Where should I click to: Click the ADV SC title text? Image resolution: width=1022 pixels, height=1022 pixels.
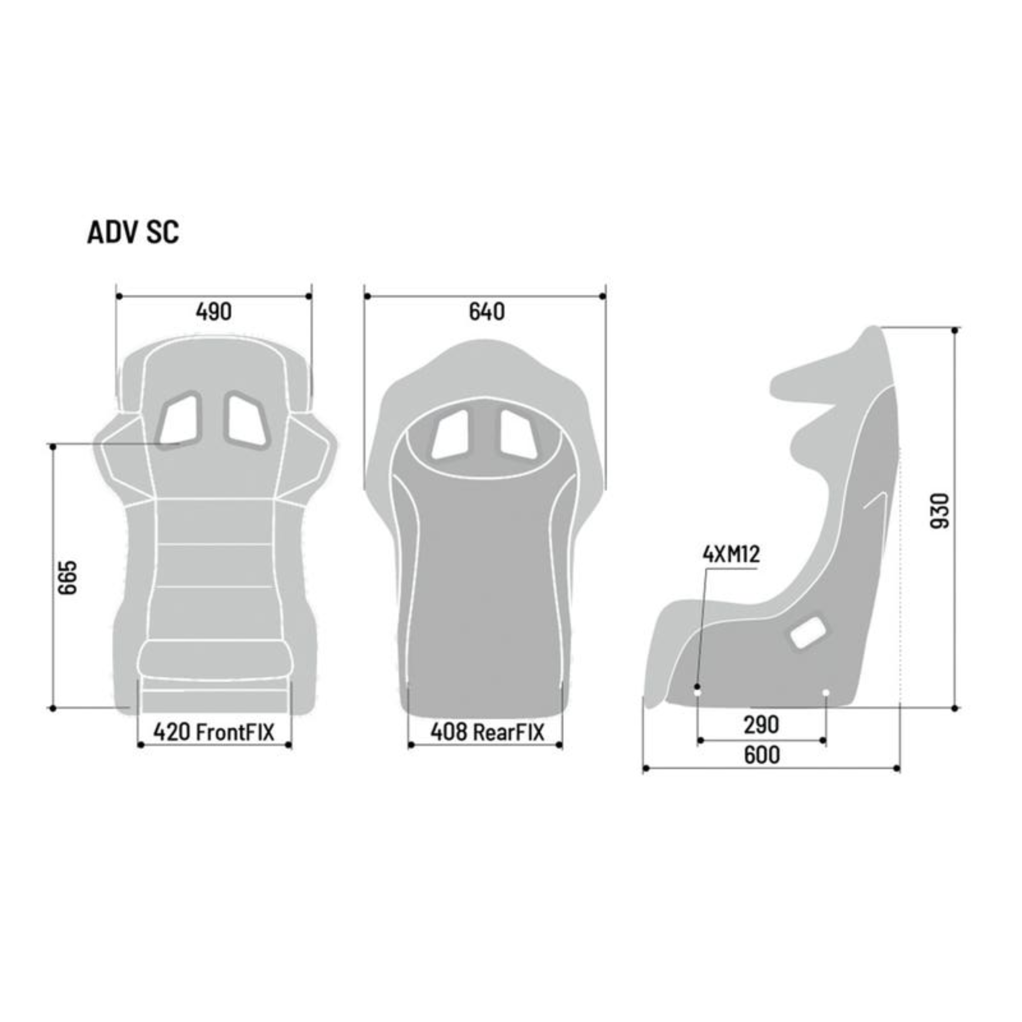point(133,232)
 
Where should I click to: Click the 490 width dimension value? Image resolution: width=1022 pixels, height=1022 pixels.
point(214,311)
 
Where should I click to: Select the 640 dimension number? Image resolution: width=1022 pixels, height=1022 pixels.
point(487,311)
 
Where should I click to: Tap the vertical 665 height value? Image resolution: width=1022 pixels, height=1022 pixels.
point(68,578)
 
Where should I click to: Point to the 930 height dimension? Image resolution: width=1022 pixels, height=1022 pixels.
point(940,511)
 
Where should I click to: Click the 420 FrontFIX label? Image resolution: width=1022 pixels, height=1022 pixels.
point(214,732)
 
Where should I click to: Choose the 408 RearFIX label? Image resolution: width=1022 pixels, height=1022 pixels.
point(487,732)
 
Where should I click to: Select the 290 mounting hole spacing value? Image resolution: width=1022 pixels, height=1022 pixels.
point(761,724)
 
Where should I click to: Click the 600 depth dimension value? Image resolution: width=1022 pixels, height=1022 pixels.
point(761,755)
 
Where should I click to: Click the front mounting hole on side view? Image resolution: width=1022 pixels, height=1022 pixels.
point(697,691)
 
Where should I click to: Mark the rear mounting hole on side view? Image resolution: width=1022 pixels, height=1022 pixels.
point(826,693)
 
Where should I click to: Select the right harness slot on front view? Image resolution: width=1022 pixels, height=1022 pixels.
point(246,418)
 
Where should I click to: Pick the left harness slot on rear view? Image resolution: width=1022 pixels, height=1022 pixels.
point(450,435)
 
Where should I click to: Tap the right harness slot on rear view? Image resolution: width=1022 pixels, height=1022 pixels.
point(518,435)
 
